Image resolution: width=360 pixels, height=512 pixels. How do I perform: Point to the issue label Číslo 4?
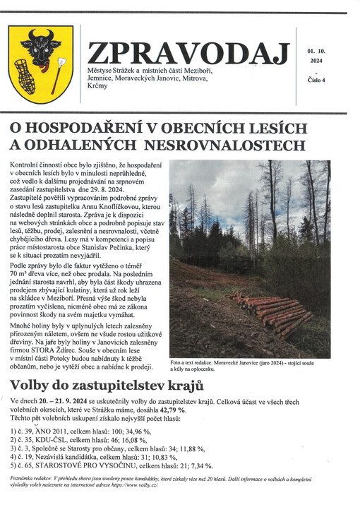pos(316,80)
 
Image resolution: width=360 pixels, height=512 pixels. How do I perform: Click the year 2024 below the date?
pos(315,60)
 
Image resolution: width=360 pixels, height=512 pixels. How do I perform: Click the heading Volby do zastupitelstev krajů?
pos(107,386)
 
